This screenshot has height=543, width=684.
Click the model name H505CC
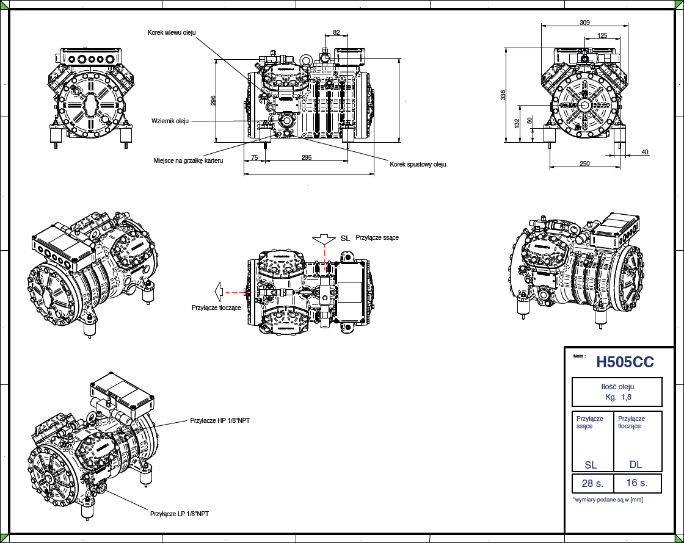coord(625,362)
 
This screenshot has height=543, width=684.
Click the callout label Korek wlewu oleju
coord(172,32)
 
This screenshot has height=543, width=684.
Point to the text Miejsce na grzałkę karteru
coord(188,161)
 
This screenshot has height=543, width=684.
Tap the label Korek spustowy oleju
coord(418,164)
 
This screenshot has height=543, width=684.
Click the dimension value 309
coord(584,23)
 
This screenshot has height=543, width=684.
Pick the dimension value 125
coord(602,36)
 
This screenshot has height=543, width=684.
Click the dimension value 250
coord(584,163)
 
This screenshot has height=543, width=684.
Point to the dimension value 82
coord(337,32)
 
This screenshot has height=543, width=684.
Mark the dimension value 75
coord(255,157)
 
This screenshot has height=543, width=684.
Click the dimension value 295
coord(307,157)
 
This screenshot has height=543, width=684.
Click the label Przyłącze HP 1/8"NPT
coord(220,420)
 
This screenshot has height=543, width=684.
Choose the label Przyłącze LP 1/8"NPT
coord(180,514)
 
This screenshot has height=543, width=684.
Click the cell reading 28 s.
coord(592,484)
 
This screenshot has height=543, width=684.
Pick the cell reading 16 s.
coord(636,483)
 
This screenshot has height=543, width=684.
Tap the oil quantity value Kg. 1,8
coord(617,397)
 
